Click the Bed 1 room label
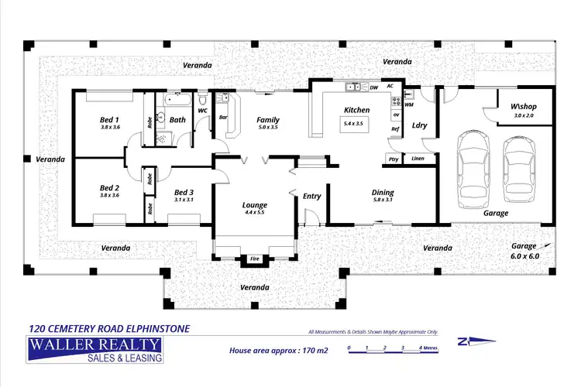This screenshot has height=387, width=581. [109, 120]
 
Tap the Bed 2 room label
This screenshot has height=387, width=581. [109, 187]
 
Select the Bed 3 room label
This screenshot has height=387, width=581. [184, 192]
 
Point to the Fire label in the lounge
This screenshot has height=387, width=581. [254, 258]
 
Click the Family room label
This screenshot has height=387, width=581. [268, 119]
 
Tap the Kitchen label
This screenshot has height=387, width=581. [357, 110]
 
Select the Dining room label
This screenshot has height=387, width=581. [383, 192]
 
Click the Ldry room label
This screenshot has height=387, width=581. [420, 125]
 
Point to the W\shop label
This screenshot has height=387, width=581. [524, 106]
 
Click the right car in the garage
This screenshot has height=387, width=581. [518, 172]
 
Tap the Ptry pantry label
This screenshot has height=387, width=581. [394, 159]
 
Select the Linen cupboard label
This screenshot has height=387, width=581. [418, 159]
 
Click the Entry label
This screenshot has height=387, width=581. [311, 196]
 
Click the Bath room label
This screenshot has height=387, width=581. [177, 119]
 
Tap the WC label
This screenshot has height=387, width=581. [203, 111]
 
